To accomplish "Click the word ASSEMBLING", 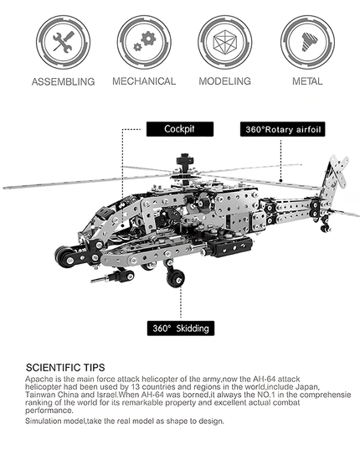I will tap(63, 82).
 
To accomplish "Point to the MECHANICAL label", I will tap(144, 81).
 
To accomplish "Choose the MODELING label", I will tap(224, 81).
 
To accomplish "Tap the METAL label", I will tap(306, 81).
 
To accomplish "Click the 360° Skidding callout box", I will tap(181, 328).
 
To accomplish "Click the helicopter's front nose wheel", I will tap(64, 256).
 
